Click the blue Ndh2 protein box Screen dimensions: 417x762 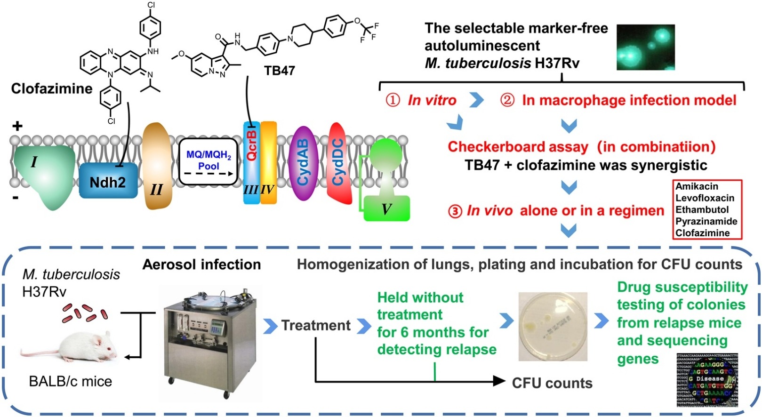[x=108, y=181]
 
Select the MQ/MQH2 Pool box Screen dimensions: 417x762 [x=208, y=161]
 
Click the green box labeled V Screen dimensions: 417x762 [x=386, y=208]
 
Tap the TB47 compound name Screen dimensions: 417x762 [x=279, y=71]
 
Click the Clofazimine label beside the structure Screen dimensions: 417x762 [x=52, y=88]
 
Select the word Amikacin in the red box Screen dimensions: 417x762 [x=697, y=186]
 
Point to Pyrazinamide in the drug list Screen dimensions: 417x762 [x=706, y=221]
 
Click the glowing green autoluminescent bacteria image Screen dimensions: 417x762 [x=645, y=47]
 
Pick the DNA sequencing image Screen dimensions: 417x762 [x=707, y=379]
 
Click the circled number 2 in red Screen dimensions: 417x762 [x=507, y=100]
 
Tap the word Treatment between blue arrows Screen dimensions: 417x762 [x=316, y=325]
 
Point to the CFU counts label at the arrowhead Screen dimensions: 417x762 [x=552, y=383]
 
